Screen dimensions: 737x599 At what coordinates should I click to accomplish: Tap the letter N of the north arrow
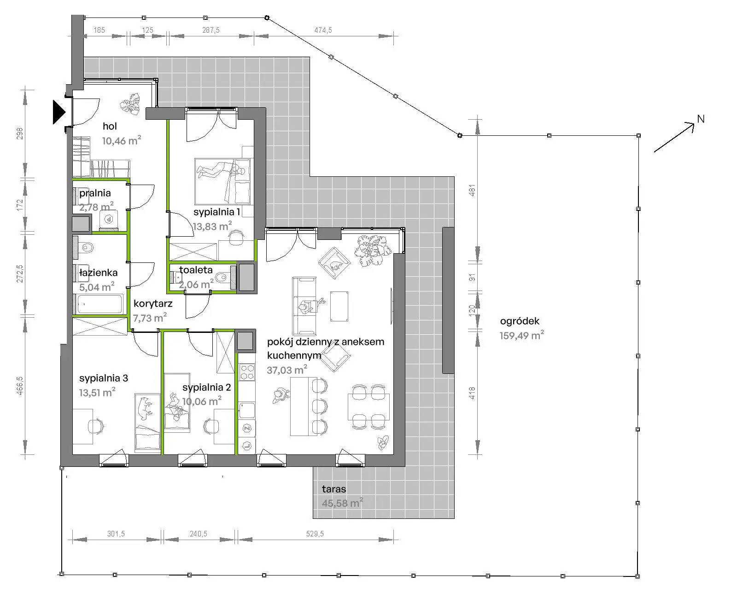(701, 119)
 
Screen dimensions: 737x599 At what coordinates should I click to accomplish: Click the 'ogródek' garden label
(520, 321)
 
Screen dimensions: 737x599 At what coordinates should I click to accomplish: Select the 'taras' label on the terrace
(333, 489)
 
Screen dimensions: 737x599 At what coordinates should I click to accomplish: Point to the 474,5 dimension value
(323, 30)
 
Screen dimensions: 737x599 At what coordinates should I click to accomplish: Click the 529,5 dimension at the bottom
(315, 534)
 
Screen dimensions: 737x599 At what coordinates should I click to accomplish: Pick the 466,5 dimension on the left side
(20, 386)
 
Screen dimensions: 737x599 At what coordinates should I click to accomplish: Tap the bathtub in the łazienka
(99, 304)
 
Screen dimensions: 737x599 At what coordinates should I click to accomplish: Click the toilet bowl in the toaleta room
(222, 277)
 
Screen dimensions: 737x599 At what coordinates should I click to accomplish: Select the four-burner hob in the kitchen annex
(247, 372)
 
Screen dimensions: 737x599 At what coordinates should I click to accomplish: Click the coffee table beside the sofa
(339, 306)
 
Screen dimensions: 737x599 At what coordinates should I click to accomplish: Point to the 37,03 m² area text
(287, 370)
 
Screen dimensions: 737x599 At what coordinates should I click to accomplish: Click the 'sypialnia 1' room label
(216, 212)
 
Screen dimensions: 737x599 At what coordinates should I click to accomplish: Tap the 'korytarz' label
(153, 304)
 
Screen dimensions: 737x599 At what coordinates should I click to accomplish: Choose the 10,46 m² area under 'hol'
(122, 140)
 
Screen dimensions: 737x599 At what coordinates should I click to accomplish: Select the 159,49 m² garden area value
(521, 335)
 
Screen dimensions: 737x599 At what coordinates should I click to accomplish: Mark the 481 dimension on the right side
(472, 191)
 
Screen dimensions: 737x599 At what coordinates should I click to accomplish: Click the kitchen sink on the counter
(247, 410)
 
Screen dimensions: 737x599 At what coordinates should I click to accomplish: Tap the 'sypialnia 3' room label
(104, 378)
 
